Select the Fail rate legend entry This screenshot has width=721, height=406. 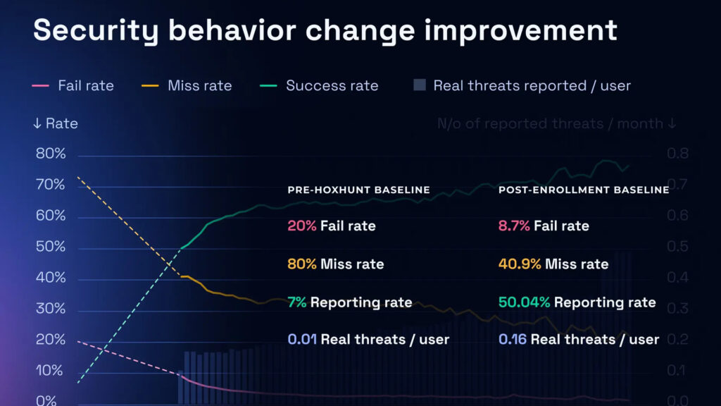coord(84,86)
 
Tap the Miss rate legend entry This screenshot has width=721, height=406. coord(199,86)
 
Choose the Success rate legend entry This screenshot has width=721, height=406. coord(331,86)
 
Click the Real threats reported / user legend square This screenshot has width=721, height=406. coord(420,85)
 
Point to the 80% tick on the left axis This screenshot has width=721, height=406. coord(51,154)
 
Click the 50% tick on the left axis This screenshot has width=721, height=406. coord(51,247)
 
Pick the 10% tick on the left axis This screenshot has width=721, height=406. coord(51,371)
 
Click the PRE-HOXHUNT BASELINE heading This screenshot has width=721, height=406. coord(358,190)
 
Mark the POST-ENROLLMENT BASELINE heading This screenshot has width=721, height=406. coord(584,190)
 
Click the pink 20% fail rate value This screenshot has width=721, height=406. coord(301,226)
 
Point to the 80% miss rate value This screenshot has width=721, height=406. coord(302,264)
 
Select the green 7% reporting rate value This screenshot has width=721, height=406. coord(296,302)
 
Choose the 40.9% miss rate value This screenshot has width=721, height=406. coord(520,264)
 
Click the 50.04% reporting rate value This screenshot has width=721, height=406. coord(525,302)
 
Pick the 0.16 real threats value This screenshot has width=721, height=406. coord(513,340)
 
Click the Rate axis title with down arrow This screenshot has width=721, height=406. coord(55,124)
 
